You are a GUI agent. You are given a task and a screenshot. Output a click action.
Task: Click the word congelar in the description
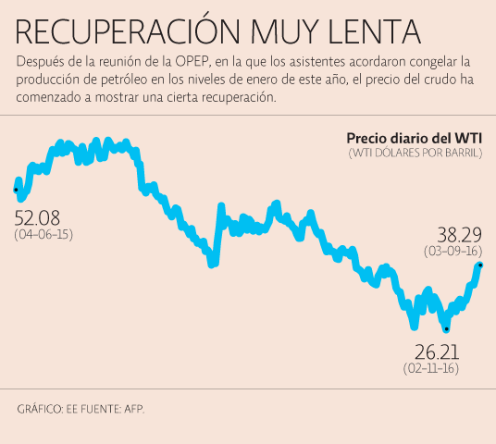point(434,61)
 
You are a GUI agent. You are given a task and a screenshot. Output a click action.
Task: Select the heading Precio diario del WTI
point(414,139)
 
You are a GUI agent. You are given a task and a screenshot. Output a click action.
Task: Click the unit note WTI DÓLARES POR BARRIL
point(415,154)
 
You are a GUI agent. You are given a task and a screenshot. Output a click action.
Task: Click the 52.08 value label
point(37,218)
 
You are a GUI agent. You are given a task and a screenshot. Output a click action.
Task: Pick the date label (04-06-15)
point(43,235)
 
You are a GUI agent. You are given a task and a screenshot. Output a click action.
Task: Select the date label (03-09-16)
point(453,251)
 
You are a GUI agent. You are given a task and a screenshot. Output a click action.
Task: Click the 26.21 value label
point(436,352)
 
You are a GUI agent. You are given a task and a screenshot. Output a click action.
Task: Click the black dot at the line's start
point(16,190)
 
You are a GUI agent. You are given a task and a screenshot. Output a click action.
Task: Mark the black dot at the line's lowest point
point(446,328)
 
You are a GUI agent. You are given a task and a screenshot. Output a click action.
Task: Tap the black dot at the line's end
point(480,265)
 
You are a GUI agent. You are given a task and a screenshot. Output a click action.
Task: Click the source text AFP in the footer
point(135,408)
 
